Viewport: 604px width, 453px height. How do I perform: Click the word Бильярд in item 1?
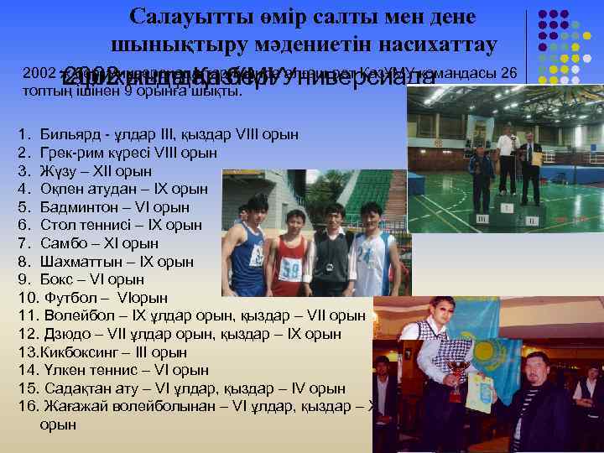(x=63, y=134)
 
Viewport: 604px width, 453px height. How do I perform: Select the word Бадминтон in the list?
(x=75, y=207)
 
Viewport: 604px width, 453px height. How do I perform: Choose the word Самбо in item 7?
(x=60, y=243)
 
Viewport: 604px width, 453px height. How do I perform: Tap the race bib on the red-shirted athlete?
(x=290, y=269)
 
